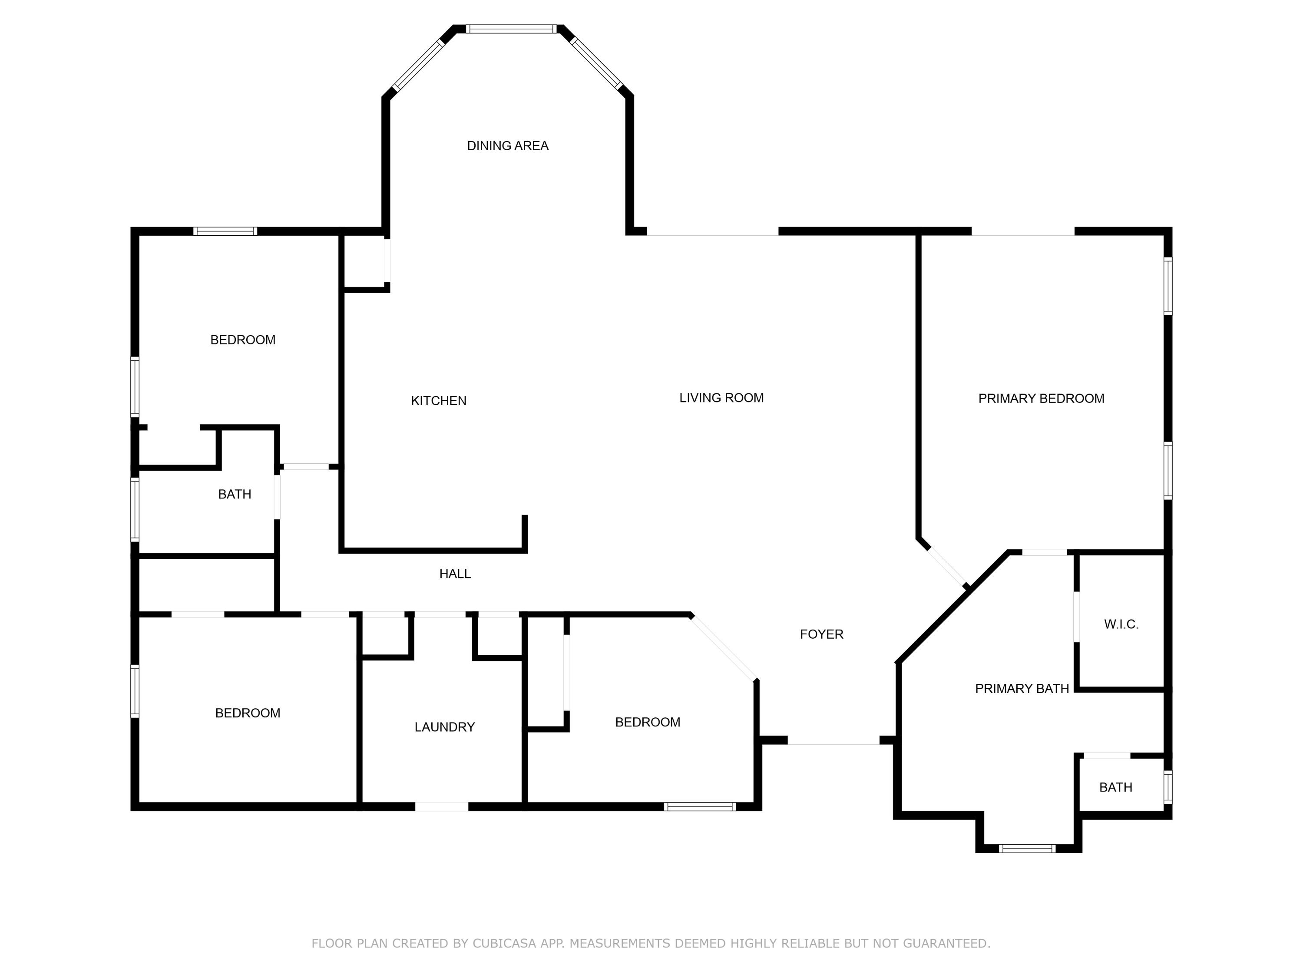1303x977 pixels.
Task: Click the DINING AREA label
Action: [x=508, y=146]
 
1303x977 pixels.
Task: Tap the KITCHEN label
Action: [x=439, y=401]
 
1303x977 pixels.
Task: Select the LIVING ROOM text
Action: [x=721, y=398]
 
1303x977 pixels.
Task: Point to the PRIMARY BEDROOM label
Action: [x=1042, y=399]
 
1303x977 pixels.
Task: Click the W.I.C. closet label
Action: [x=1121, y=624]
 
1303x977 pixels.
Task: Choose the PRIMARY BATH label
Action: [x=1022, y=688]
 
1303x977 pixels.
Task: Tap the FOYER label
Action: [x=822, y=634]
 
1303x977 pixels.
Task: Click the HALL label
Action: [x=455, y=574]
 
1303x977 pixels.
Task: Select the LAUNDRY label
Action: [x=445, y=727]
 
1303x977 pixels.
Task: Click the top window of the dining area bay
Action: [x=511, y=29]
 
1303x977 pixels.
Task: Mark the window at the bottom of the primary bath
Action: [x=1027, y=848]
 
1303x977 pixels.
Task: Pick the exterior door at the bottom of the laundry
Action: [x=442, y=807]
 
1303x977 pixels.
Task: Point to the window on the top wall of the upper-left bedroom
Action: [x=225, y=231]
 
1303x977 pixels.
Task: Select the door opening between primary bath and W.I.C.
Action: [x=1076, y=617]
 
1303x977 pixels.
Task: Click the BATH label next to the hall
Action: [x=235, y=495]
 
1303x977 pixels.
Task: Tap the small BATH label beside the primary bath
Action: [x=1116, y=787]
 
